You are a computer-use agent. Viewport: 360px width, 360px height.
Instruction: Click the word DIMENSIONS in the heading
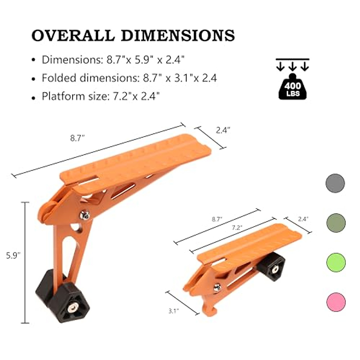click(x=178, y=35)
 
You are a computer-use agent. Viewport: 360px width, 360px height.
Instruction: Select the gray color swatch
click(x=335, y=183)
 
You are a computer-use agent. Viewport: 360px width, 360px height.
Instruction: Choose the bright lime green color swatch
click(x=336, y=262)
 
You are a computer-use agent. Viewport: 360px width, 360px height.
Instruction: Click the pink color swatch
click(x=336, y=302)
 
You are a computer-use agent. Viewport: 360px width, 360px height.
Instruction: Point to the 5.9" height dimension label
click(x=13, y=256)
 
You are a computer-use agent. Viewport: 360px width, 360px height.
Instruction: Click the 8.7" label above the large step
click(x=77, y=138)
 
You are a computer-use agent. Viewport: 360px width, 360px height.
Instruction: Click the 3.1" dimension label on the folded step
click(x=173, y=311)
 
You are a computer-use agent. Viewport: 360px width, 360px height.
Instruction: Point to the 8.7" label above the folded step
click(x=217, y=219)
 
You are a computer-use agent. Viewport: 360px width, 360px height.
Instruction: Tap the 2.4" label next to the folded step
click(x=303, y=219)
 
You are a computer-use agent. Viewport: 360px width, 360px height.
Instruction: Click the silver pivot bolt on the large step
click(x=85, y=215)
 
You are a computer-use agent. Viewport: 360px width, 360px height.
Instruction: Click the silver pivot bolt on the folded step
click(x=217, y=287)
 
